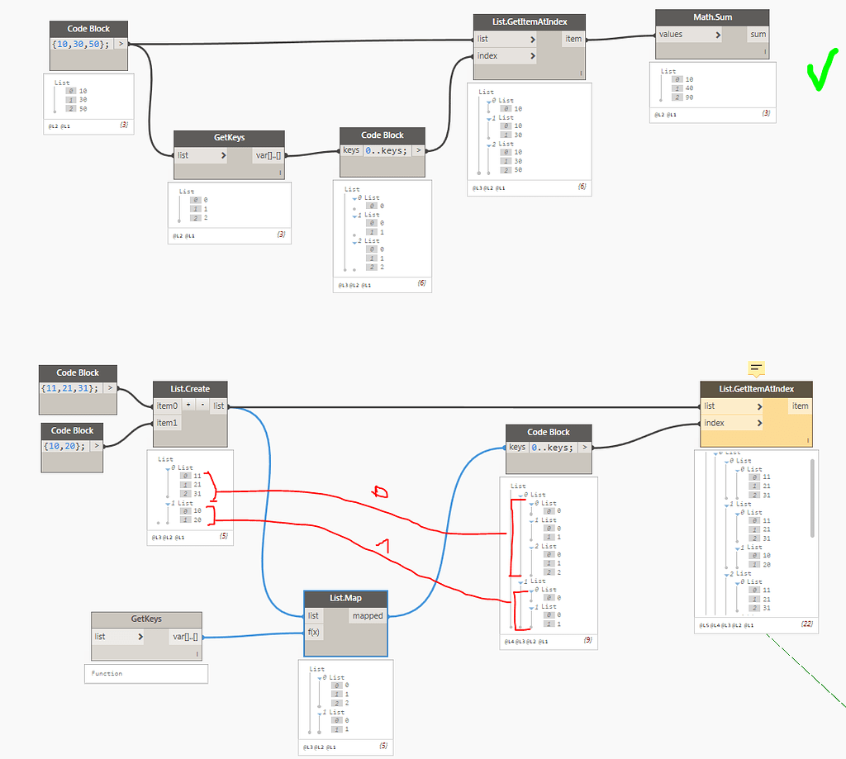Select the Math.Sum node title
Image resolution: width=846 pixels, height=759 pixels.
pos(701,17)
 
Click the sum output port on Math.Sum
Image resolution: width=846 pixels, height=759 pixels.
pos(757,35)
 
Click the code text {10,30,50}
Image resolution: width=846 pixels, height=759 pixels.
pos(80,44)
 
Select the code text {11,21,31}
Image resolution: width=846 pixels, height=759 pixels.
pos(69,387)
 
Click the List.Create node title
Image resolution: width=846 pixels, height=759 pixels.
pos(190,389)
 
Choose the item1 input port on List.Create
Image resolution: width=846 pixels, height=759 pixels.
pos(168,423)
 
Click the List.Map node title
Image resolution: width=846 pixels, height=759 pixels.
pos(346,598)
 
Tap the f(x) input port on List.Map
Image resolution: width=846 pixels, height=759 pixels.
pos(314,633)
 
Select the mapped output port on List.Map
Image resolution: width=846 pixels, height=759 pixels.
pos(367,615)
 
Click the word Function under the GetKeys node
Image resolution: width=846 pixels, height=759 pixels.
pos(107,673)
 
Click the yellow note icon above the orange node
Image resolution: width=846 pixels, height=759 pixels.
pos(756,368)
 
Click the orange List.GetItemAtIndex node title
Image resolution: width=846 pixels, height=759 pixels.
pos(756,389)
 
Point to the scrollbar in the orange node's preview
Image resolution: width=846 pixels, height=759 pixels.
pos(812,497)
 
